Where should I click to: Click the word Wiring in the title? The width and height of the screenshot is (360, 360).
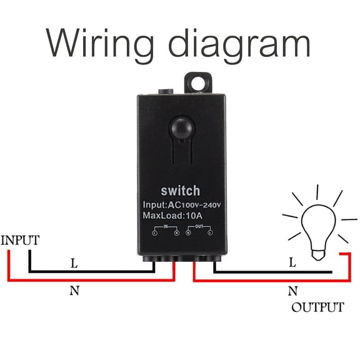[93, 44]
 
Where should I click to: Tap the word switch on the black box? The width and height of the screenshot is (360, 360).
[181, 191]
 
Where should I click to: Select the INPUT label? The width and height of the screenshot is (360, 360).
[21, 240]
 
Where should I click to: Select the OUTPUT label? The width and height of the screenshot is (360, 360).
[317, 307]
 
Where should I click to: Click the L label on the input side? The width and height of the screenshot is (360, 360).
[74, 264]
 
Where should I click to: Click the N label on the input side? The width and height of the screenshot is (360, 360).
[74, 290]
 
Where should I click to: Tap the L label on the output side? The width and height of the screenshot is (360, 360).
[292, 264]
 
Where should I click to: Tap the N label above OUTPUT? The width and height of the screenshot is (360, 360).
[292, 291]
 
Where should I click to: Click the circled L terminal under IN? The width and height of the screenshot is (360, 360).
[154, 232]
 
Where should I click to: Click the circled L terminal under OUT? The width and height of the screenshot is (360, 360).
[210, 232]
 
